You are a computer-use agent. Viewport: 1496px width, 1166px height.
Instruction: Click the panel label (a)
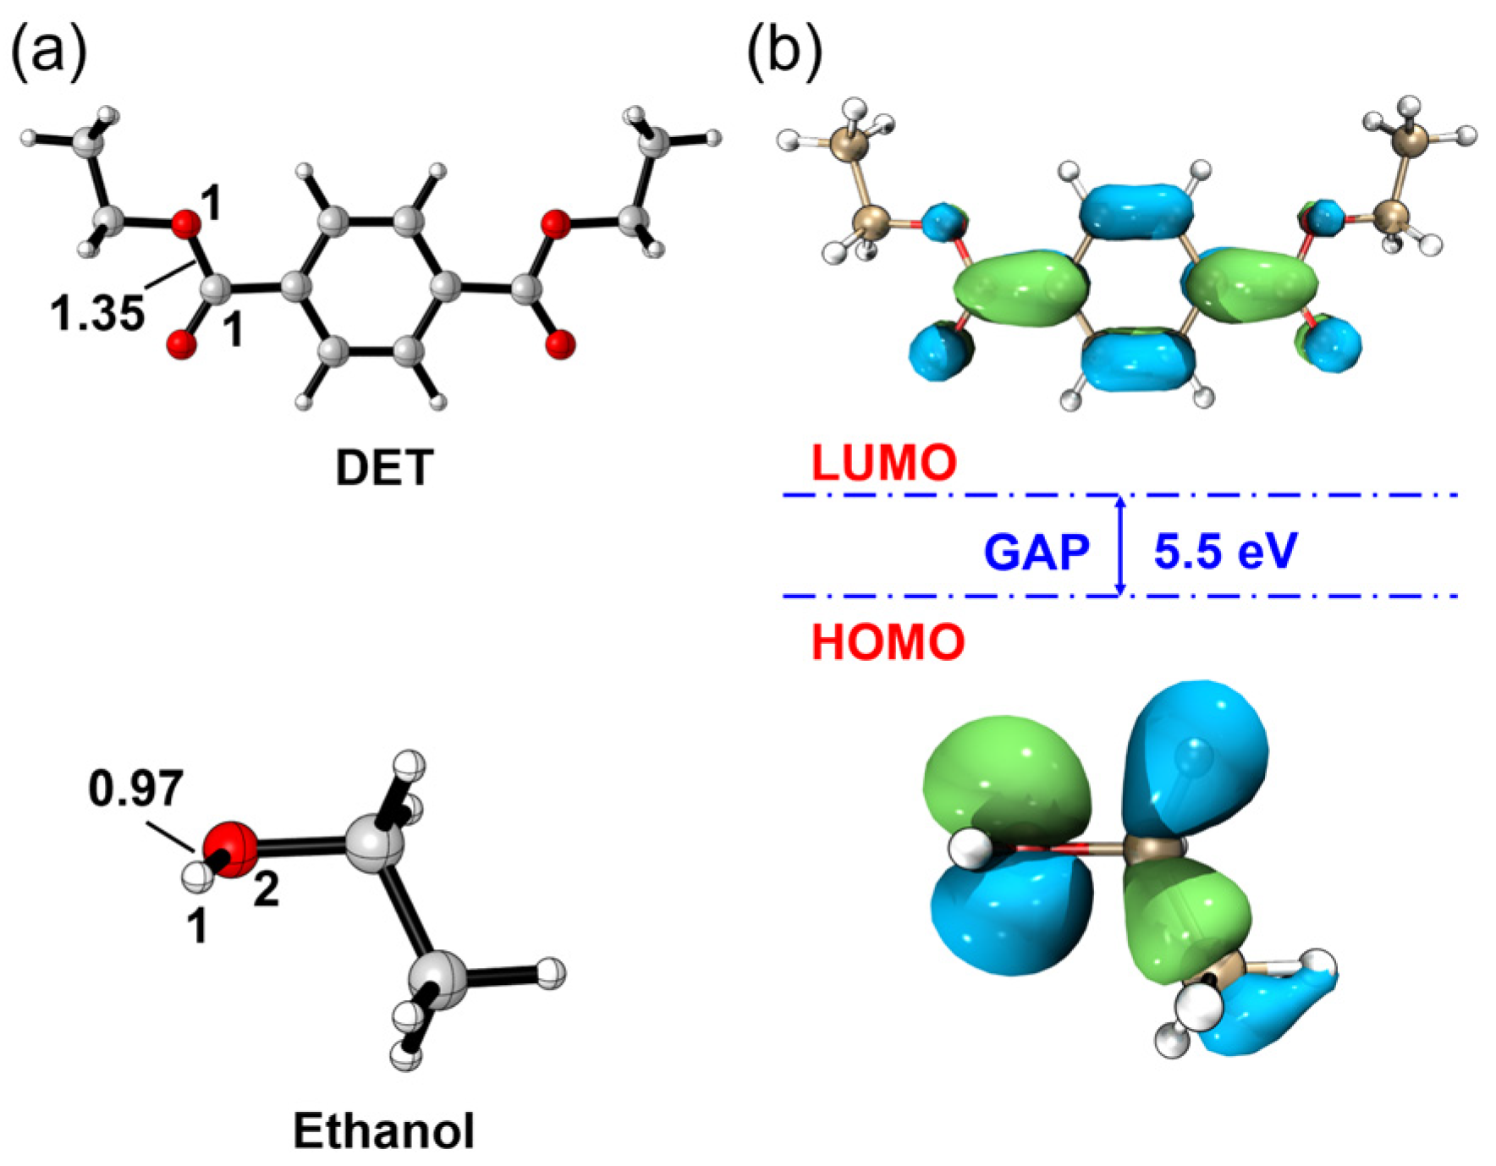[x=48, y=51]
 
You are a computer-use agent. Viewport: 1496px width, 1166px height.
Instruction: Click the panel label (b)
[x=784, y=51]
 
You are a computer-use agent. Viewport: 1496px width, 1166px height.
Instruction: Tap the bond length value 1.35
[x=97, y=313]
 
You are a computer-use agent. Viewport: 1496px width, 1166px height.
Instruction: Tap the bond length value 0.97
[x=135, y=789]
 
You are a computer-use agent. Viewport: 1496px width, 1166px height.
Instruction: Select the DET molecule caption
[x=384, y=467]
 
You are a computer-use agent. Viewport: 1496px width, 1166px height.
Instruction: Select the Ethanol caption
[x=383, y=1130]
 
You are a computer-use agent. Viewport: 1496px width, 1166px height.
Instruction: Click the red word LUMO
[x=883, y=463]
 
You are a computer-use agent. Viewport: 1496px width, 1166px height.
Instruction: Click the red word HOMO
[x=888, y=642]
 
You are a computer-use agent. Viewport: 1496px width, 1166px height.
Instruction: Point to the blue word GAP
[x=1036, y=553]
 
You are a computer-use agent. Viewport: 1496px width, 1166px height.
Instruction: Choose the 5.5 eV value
[x=1225, y=552]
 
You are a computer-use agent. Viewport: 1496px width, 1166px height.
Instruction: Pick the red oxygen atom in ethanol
[x=230, y=846]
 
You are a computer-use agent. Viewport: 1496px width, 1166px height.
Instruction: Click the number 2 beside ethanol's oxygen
[x=267, y=890]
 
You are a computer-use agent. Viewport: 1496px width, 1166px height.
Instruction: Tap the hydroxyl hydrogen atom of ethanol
[x=197, y=876]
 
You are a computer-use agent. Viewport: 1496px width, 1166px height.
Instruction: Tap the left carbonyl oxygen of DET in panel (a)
[x=181, y=344]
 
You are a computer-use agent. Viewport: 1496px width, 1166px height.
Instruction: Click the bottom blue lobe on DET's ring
[x=1137, y=361]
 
